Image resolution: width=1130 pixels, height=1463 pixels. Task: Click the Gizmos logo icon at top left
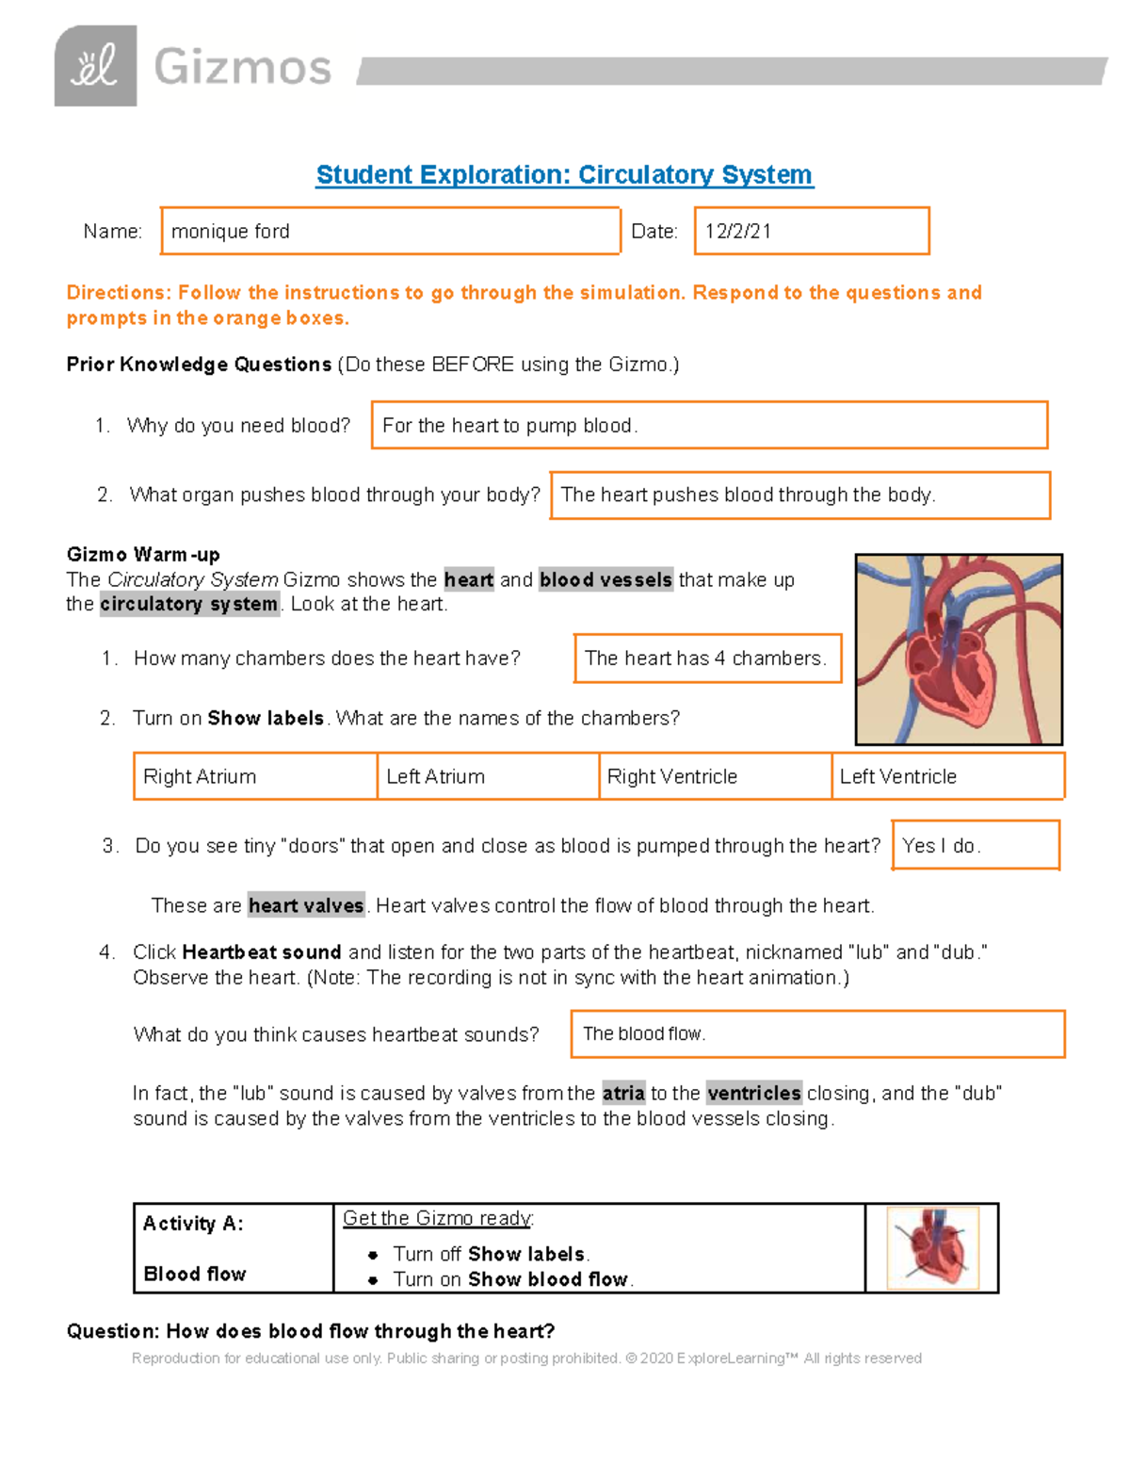point(95,66)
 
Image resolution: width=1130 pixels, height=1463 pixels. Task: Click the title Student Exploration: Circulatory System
point(564,175)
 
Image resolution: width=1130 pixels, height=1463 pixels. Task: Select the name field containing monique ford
point(390,231)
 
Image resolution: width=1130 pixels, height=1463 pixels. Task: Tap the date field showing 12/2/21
point(811,231)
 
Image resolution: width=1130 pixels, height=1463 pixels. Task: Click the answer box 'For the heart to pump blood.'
point(709,426)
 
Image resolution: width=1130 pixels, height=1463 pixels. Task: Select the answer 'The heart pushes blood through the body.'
point(799,496)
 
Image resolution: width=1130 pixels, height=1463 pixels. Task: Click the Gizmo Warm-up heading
point(143,554)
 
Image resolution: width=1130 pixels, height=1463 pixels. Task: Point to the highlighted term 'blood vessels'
point(605,579)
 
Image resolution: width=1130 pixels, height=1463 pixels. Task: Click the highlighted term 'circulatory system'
point(189,604)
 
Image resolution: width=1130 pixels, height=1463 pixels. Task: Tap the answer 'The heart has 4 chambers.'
point(707,658)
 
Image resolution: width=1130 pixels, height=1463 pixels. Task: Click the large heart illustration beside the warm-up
point(958,649)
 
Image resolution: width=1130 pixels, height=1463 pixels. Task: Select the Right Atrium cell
point(255,776)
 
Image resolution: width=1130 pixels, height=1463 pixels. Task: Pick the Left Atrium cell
point(488,776)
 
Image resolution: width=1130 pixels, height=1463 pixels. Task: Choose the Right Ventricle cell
point(715,776)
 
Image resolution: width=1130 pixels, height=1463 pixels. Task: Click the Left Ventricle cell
point(947,776)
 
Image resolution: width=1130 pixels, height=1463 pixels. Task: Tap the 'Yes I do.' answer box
point(975,845)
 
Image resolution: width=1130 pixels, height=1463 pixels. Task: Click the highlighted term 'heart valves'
point(306,905)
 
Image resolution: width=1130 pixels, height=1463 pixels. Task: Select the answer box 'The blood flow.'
point(817,1034)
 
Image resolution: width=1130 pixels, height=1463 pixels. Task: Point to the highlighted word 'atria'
point(623,1093)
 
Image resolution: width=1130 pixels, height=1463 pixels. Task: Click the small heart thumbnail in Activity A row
point(932,1248)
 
